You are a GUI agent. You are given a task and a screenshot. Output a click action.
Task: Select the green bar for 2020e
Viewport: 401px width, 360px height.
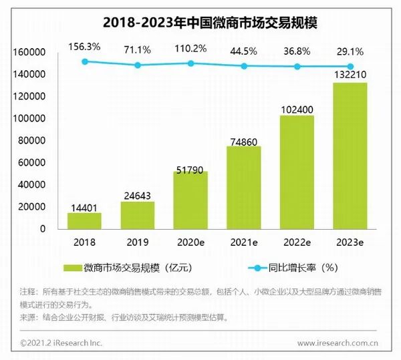click(x=190, y=200)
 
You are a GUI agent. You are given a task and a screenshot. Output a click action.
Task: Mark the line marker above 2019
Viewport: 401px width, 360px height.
click(x=138, y=65)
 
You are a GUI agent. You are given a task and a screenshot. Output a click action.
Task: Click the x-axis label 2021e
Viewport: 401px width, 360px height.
click(x=244, y=242)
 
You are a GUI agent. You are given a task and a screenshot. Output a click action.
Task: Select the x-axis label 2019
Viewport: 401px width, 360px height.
click(x=138, y=242)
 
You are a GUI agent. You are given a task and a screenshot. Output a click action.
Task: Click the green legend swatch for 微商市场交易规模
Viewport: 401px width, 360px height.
click(x=72, y=268)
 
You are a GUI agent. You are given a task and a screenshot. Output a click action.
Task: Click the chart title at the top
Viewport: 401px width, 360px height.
click(x=200, y=22)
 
